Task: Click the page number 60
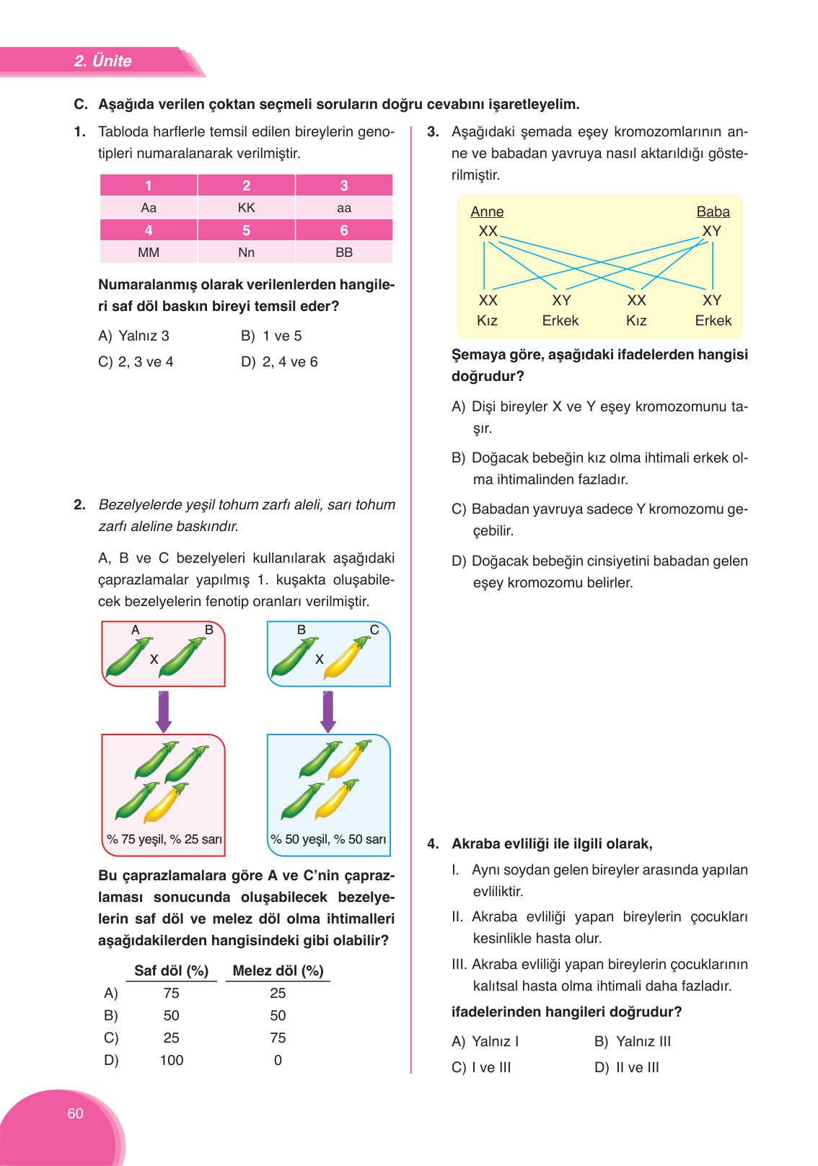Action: point(75,1113)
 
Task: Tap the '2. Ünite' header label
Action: point(102,61)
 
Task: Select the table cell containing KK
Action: point(246,208)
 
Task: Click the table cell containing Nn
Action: point(246,253)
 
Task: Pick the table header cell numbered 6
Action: point(344,230)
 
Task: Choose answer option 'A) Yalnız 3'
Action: point(134,336)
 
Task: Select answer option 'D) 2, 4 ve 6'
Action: point(279,362)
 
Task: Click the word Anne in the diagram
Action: point(487,211)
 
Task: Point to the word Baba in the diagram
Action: point(713,211)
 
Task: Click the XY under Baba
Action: point(711,231)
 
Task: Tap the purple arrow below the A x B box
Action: point(164,711)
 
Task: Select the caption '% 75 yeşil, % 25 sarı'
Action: point(164,839)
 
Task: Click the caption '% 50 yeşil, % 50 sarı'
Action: point(328,839)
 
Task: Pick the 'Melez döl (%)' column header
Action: point(278,970)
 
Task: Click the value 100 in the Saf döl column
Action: point(171,1060)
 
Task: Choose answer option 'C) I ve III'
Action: point(481,1068)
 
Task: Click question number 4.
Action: point(433,844)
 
